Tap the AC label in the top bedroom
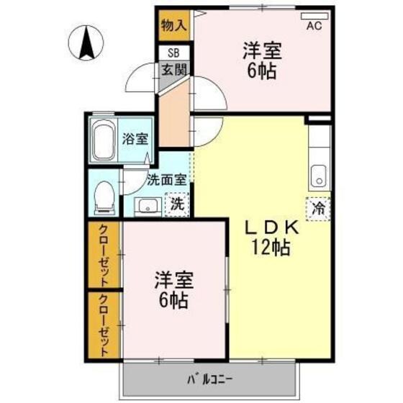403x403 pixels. click(314, 27)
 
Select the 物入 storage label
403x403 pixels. click(173, 25)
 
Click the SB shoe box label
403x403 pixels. click(173, 53)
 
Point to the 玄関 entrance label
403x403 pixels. click(173, 70)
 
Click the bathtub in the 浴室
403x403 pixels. click(104, 140)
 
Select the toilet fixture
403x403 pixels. click(104, 195)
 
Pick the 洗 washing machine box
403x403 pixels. click(176, 204)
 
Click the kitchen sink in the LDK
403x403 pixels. click(317, 175)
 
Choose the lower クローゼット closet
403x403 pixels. click(104, 325)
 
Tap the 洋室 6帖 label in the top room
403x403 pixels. click(261, 60)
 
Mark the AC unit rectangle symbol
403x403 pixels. click(314, 15)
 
